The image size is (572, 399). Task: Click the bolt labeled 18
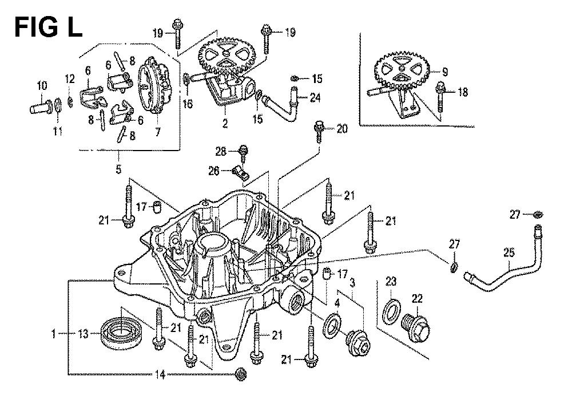(442, 97)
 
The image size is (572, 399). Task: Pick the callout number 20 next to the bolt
(341, 129)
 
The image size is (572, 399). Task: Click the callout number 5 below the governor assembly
(119, 169)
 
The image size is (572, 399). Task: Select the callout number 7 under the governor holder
(157, 131)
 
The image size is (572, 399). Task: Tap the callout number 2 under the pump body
(225, 123)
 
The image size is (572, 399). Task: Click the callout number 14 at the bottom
(161, 374)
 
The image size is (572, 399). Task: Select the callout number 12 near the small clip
(69, 78)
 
